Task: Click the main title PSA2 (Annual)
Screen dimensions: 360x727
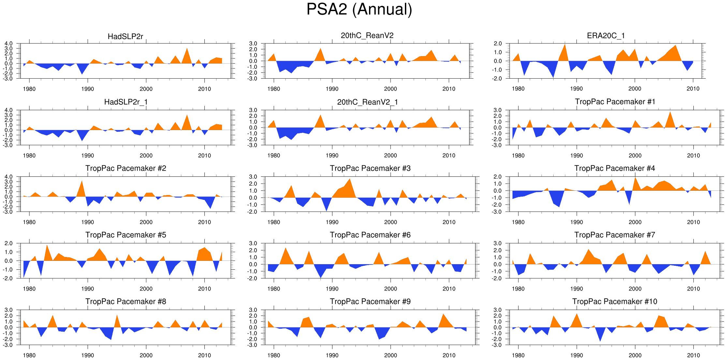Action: click(x=359, y=9)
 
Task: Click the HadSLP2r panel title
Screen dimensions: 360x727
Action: click(x=125, y=37)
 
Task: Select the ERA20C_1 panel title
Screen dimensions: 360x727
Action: click(x=606, y=36)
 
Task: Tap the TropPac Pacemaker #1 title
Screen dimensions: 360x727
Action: click(x=615, y=102)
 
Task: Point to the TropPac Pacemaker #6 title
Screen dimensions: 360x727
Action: click(x=370, y=235)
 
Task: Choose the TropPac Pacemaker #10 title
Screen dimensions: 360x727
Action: click(x=615, y=301)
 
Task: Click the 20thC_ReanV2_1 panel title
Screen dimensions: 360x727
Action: click(x=367, y=102)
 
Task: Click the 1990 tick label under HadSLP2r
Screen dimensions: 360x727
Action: click(x=87, y=89)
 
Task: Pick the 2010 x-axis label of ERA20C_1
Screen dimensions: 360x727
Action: click(x=693, y=89)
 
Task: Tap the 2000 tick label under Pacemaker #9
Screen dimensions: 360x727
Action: click(x=390, y=355)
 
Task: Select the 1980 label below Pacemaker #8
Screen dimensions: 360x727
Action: click(x=29, y=355)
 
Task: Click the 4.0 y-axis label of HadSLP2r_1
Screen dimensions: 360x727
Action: click(x=8, y=110)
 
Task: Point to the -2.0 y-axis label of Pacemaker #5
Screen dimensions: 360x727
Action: click(x=8, y=278)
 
